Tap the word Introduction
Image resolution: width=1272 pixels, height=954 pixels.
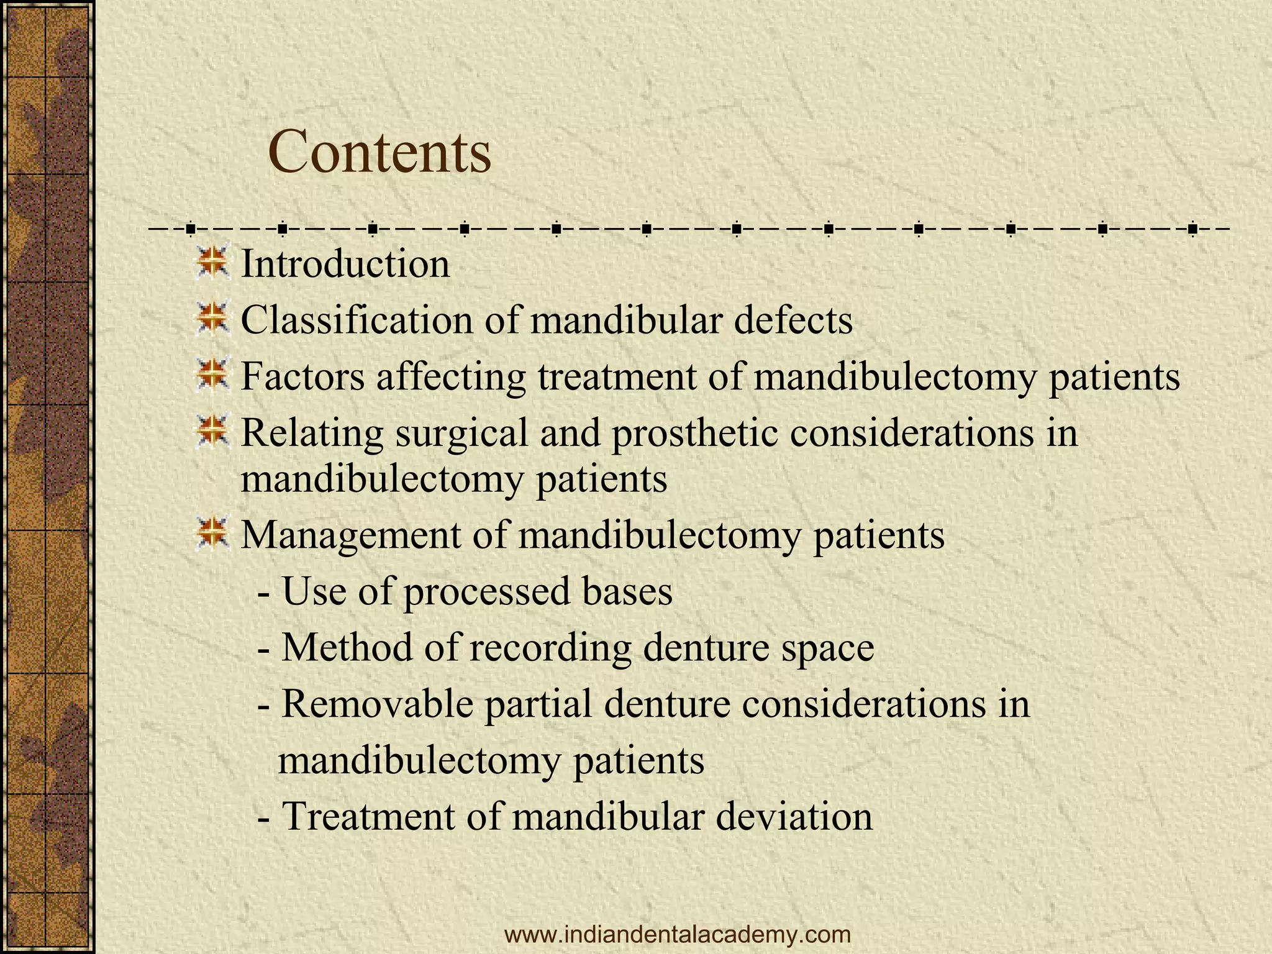click(345, 264)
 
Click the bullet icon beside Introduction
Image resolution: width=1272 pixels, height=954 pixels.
click(212, 262)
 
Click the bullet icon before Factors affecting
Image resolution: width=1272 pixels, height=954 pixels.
click(212, 375)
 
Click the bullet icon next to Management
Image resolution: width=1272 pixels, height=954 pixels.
click(212, 533)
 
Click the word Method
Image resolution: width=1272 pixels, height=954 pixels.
click(347, 647)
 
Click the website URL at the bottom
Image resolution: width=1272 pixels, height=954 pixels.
click(678, 934)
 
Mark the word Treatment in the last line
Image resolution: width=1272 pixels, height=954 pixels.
click(368, 816)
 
